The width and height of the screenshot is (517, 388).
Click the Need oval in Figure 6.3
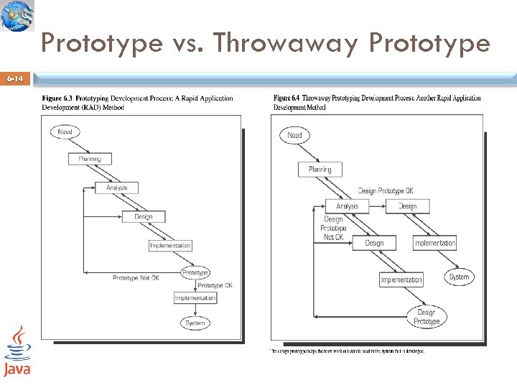click(65, 131)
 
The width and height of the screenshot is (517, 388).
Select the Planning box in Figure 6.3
click(90, 159)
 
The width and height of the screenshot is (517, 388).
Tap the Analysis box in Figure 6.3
click(117, 188)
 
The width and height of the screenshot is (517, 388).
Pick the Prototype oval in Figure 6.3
click(195, 272)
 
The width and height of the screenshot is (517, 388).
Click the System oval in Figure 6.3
click(195, 323)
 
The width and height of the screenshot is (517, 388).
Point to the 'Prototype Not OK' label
click(136, 278)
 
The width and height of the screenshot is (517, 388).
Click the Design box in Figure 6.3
click(144, 216)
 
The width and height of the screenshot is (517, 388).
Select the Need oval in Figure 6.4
click(294, 135)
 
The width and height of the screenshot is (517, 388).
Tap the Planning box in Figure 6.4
click(320, 170)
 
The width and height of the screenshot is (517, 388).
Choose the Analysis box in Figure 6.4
click(347, 206)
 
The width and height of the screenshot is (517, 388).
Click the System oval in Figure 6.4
click(459, 277)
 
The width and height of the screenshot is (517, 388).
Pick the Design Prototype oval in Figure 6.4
click(427, 317)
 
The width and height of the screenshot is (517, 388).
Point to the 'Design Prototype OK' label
click(386, 191)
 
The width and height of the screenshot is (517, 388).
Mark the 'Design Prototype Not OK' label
click(333, 228)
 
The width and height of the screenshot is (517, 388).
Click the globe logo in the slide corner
click(17, 16)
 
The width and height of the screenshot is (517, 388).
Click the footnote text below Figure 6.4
click(348, 351)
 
